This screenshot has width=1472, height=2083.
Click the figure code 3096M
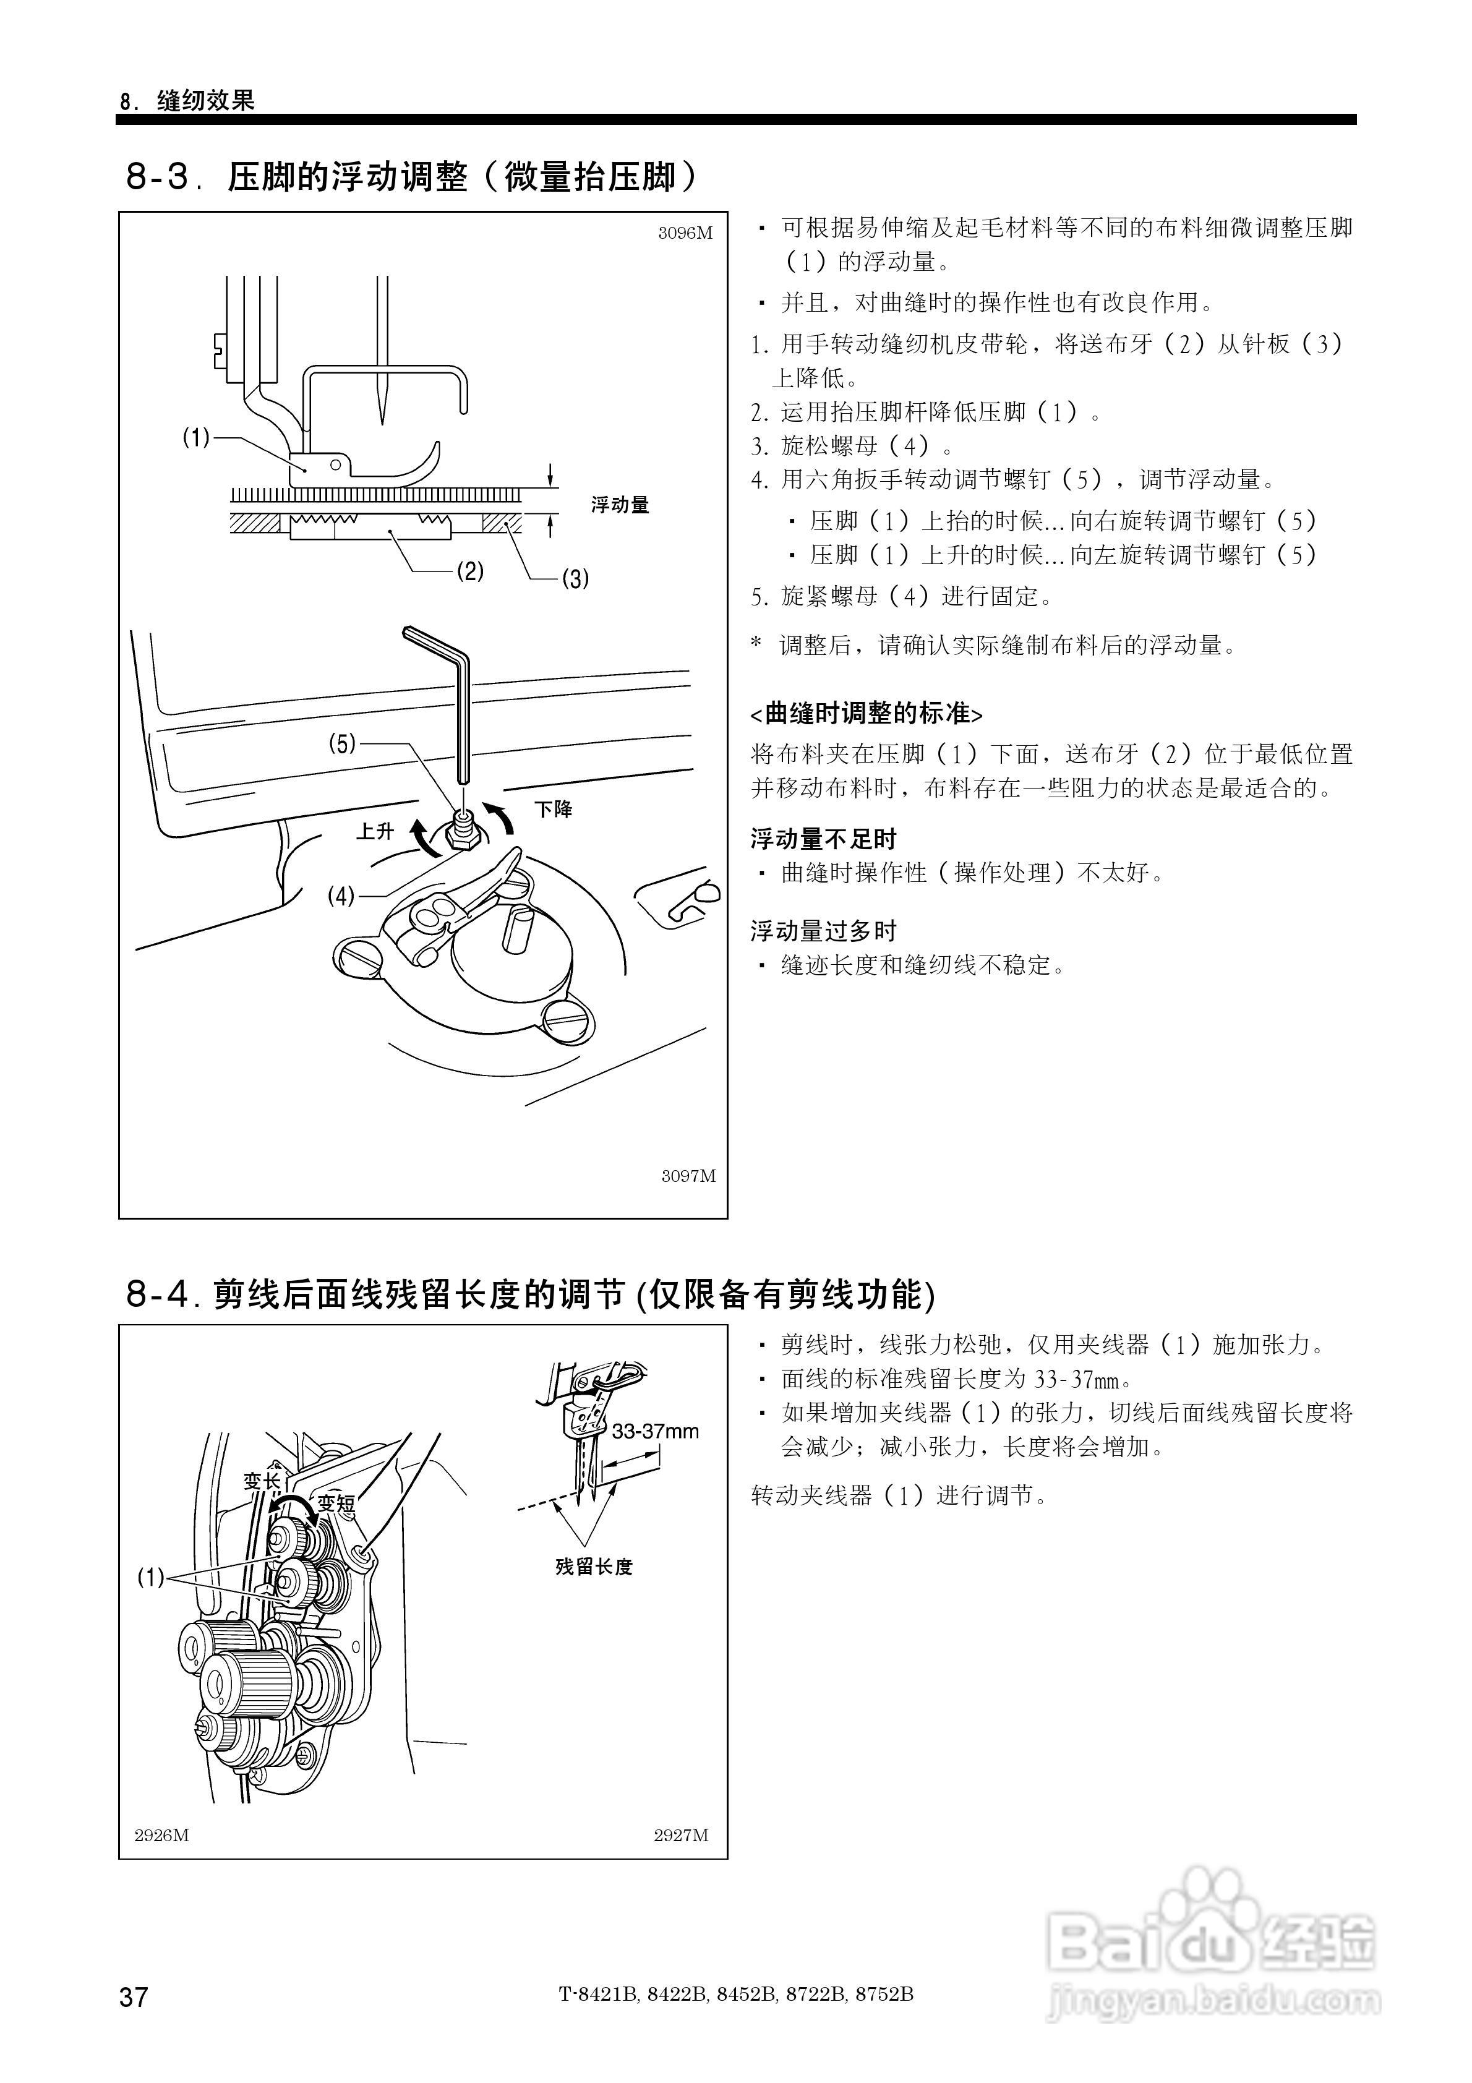click(685, 233)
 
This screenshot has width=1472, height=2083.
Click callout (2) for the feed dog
click(469, 571)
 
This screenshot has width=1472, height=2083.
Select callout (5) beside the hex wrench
click(341, 744)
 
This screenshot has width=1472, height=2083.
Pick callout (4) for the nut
click(341, 896)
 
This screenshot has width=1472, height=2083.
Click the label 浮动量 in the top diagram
click(620, 505)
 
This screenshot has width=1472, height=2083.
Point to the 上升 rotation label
click(375, 831)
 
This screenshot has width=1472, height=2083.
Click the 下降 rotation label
click(553, 809)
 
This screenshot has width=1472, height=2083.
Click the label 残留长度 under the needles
click(594, 1567)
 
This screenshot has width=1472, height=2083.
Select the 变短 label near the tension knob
click(336, 1503)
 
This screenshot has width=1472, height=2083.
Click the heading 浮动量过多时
click(823, 931)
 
